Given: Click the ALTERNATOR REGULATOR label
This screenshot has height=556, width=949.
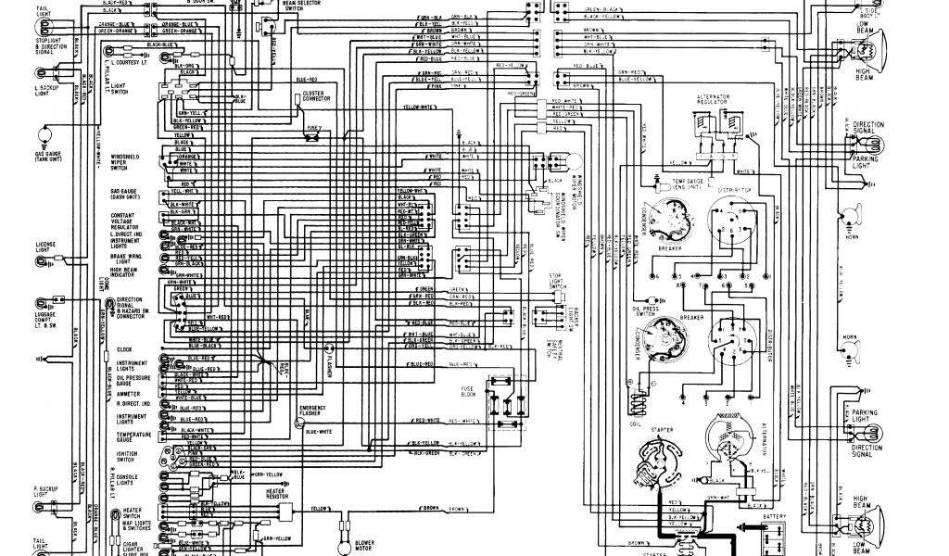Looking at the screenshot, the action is [714, 101].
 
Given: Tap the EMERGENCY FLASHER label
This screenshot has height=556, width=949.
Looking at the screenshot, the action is [312, 411].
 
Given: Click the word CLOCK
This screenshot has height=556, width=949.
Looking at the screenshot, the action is [126, 349].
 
